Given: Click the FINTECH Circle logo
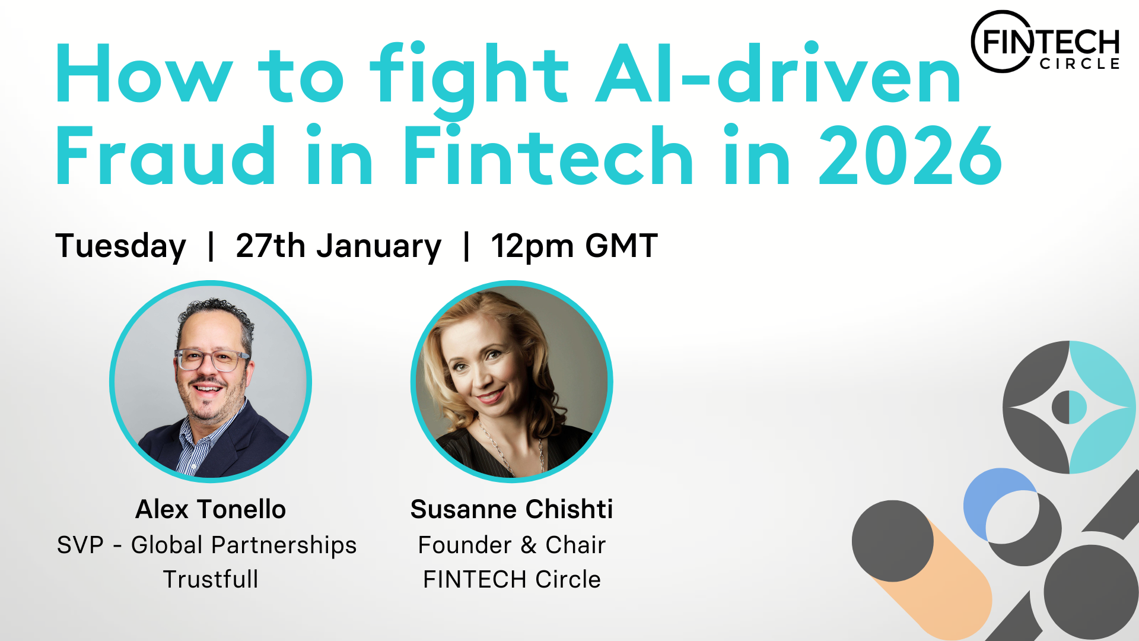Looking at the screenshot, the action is pos(1045,42).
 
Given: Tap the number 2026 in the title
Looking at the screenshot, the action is pos(911,156).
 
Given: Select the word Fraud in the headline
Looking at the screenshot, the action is pos(166,156).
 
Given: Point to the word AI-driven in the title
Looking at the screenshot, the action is pos(778,74).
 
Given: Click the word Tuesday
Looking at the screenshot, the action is pos(121,246).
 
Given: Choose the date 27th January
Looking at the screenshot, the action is pos(339,246).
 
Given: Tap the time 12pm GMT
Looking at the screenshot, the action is pos(574,246).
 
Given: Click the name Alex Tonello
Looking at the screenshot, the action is pos(211,509).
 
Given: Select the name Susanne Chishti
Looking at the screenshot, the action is pos(511,509).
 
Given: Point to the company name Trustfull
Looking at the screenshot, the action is pos(211,579).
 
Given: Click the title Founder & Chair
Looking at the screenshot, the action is pos(511,545).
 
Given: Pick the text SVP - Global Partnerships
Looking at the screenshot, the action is pos(207,545).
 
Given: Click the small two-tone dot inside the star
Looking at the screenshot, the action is pos(1069,407).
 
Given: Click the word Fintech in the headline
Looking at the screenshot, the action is pos(548,156).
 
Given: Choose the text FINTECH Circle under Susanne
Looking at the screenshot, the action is pos(511,579).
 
